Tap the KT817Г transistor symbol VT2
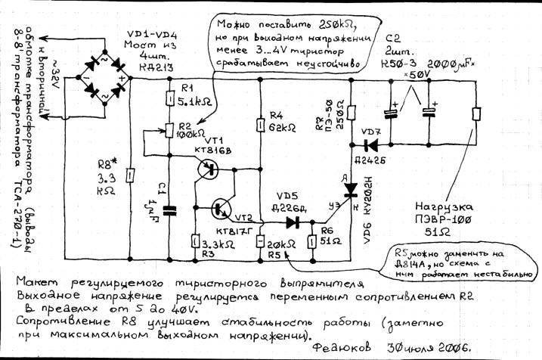pyautogui.click(x=221, y=206)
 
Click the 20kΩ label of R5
pyautogui.click(x=280, y=244)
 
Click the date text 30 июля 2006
pyautogui.click(x=423, y=349)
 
